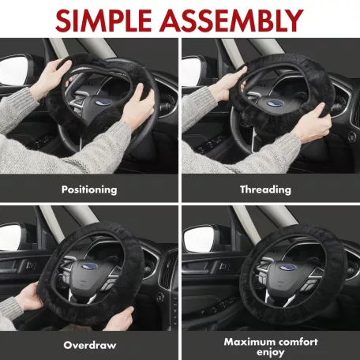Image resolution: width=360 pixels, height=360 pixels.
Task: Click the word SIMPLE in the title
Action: point(103,21)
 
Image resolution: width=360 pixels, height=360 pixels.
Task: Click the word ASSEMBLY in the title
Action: point(231,21)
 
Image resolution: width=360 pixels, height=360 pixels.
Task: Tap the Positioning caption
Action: point(89,189)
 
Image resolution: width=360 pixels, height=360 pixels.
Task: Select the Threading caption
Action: point(265,189)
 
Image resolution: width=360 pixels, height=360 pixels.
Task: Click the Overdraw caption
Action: point(90,345)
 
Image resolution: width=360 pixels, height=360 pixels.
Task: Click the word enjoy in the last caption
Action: point(271,352)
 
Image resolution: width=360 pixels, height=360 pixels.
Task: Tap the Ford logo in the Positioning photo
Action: point(103,103)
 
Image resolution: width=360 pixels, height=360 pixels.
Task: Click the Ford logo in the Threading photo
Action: point(275,103)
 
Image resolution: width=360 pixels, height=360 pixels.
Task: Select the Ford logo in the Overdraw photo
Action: point(90,266)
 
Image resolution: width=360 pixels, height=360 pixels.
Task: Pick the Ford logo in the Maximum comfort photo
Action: point(287,268)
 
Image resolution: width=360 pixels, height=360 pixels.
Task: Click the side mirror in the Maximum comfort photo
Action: point(200,240)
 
